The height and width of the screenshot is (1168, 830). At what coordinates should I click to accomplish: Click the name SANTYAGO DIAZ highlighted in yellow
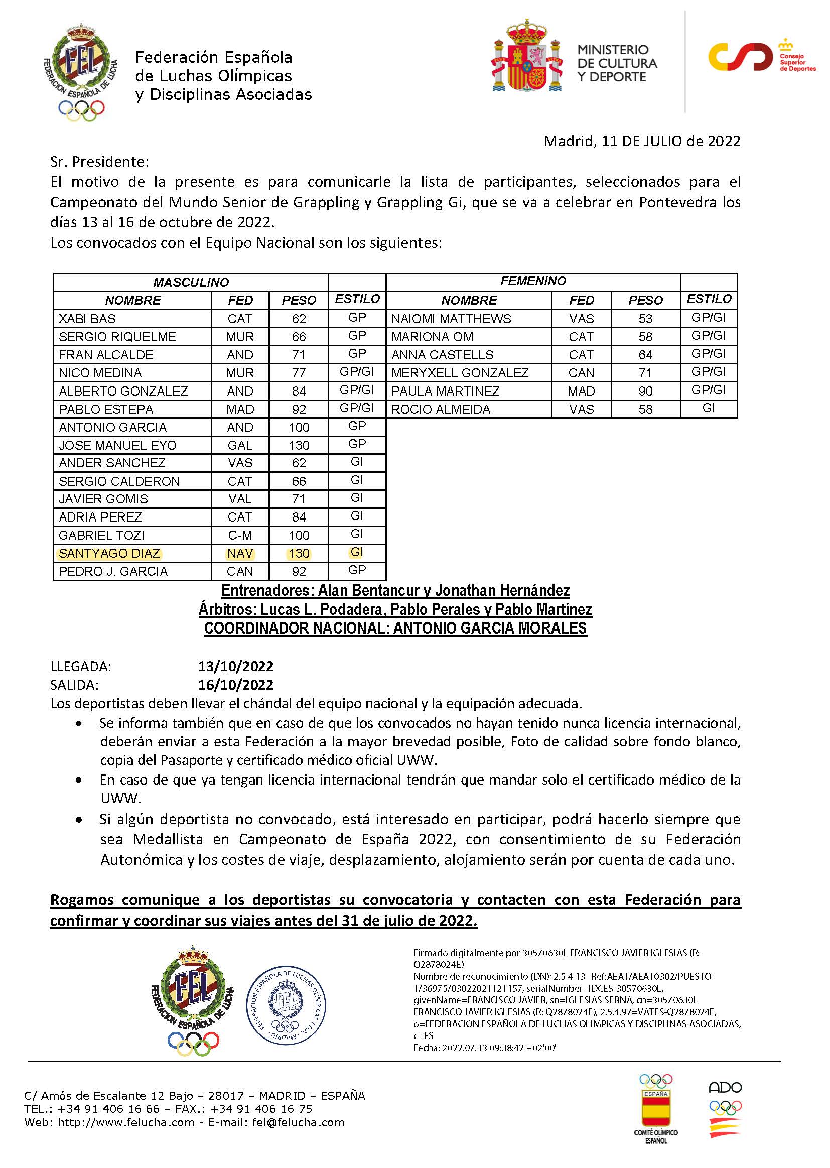point(109,553)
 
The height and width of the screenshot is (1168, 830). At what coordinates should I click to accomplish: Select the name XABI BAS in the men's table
point(87,319)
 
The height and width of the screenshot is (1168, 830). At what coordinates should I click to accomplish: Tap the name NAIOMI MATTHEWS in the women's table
point(451,319)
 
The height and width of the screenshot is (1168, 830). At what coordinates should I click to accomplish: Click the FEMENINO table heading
point(532,281)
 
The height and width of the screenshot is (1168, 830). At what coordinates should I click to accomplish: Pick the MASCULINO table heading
point(191,282)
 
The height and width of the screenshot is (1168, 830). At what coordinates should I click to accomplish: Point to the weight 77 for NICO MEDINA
point(299,373)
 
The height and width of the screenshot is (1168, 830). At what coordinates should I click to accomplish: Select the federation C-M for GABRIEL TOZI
point(240,535)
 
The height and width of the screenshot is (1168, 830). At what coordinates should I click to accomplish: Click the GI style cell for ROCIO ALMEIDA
point(709,408)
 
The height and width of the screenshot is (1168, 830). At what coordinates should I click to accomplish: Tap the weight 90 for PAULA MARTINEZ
point(645,391)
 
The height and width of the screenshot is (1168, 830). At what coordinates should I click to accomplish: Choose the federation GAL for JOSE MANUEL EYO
point(240,445)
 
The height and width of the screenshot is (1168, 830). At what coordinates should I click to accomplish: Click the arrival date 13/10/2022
point(236,666)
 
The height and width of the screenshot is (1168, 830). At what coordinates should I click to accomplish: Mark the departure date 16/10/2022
point(236,685)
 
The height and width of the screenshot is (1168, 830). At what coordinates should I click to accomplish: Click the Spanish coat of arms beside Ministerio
point(527,57)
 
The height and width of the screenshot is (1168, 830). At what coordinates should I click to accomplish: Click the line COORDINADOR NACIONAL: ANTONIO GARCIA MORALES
point(395,628)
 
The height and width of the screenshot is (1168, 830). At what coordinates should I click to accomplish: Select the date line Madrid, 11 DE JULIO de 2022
point(641,141)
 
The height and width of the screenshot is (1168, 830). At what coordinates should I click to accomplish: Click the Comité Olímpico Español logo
point(656,1110)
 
